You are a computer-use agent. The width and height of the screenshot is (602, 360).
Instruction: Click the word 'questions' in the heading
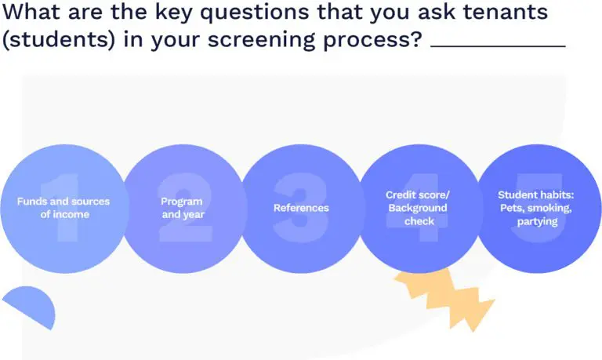(x=255, y=13)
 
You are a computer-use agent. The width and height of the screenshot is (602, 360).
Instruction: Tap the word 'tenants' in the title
(x=506, y=12)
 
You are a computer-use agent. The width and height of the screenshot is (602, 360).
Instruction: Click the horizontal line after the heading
(x=499, y=46)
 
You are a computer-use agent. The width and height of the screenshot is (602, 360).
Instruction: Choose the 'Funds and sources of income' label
(x=63, y=208)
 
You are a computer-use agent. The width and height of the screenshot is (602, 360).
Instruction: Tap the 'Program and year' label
(x=183, y=208)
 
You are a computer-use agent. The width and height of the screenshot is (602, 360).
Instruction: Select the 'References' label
(x=301, y=208)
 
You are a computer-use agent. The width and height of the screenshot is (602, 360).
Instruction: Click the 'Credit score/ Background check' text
(x=418, y=208)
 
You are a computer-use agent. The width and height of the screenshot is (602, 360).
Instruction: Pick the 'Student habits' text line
(x=536, y=195)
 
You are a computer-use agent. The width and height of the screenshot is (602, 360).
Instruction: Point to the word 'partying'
(x=537, y=222)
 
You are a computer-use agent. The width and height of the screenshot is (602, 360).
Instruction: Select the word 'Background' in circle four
(x=418, y=209)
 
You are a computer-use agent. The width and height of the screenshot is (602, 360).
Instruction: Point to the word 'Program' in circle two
(x=182, y=202)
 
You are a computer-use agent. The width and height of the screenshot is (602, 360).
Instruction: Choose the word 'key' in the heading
(x=174, y=13)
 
